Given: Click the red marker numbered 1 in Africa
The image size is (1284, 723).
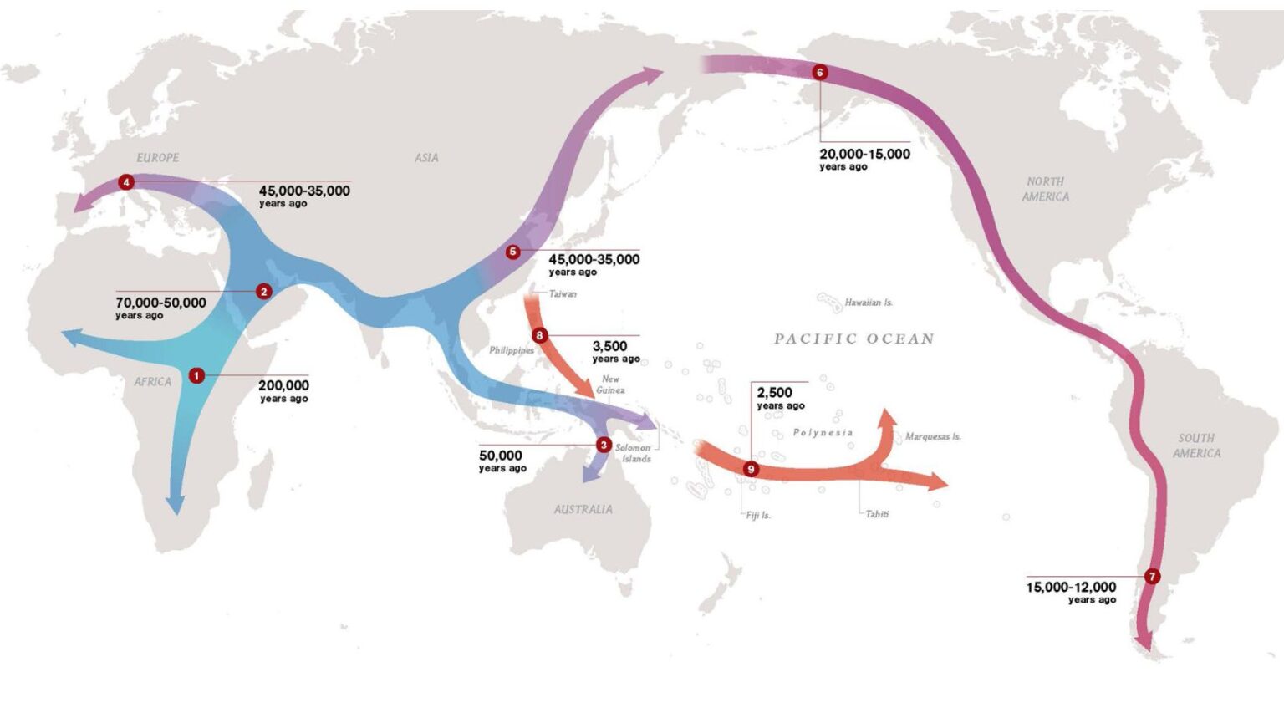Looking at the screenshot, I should [196, 376].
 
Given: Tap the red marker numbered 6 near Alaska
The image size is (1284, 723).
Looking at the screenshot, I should [819, 73].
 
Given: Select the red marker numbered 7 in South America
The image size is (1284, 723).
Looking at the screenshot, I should [1153, 577].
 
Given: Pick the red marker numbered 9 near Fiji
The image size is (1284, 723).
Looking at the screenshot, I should [751, 469].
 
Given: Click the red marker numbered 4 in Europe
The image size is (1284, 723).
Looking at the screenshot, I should [126, 182].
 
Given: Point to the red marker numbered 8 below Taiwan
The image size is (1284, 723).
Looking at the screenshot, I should [539, 336].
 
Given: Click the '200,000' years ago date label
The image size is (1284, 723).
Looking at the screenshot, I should [283, 385].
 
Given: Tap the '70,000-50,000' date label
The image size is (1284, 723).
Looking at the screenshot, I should [160, 303].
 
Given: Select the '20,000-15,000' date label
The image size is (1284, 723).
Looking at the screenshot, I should [864, 154].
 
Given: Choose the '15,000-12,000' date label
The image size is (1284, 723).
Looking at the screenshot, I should [1071, 587].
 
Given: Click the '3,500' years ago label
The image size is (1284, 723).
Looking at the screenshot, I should [609, 346].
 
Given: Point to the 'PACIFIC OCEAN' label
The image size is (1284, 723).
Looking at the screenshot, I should [853, 339].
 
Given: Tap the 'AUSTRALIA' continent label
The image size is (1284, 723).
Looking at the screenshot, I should [583, 509].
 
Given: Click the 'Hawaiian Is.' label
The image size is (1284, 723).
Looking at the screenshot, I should [869, 303].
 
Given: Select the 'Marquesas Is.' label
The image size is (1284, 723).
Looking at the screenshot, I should [933, 436].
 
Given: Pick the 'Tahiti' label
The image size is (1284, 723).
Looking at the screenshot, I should [877, 514].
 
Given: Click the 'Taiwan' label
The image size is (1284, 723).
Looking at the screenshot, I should [563, 294].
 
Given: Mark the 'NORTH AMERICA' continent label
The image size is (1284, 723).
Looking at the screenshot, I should [1045, 189].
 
